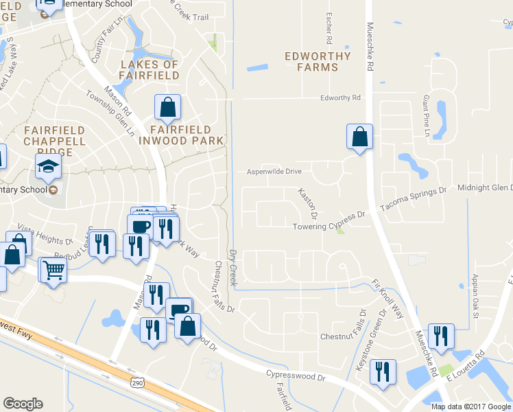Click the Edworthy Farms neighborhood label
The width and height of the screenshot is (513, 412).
(318, 62)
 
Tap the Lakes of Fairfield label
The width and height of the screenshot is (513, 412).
(149, 69)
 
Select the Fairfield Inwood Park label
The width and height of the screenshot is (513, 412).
(181, 135)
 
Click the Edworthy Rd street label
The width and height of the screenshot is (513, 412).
(340, 98)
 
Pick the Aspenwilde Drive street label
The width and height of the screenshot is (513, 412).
(274, 171)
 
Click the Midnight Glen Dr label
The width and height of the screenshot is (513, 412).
(484, 187)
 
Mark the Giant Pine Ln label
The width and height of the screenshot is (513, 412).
(426, 115)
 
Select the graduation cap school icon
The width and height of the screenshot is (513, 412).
(49, 165)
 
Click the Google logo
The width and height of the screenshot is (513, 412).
(23, 404)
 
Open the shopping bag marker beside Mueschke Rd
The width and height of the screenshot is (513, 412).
(359, 137)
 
